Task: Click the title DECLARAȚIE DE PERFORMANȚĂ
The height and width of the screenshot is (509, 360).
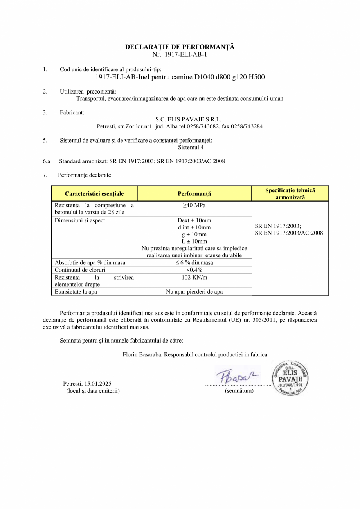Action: [x=180, y=47]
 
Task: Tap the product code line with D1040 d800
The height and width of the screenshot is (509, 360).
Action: [x=180, y=77]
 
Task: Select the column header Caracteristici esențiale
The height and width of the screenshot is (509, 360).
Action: [x=94, y=194]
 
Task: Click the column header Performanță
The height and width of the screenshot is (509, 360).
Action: [x=194, y=194]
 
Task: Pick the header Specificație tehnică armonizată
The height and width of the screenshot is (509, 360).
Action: [x=290, y=194]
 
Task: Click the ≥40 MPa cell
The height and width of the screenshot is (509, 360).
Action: [x=194, y=206]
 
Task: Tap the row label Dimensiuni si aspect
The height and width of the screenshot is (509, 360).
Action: [x=80, y=220]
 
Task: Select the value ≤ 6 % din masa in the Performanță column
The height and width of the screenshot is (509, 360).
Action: [x=194, y=262]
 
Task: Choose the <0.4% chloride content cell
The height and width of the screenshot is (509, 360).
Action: [x=194, y=270]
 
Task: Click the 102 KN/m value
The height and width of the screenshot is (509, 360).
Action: [x=194, y=277]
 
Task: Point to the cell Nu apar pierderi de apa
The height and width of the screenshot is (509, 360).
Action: [x=194, y=292]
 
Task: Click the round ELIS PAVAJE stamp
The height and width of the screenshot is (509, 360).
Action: [x=290, y=378]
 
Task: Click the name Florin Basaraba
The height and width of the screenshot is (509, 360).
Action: [x=142, y=354]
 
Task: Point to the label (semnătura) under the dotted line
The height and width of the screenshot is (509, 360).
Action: [x=239, y=391]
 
